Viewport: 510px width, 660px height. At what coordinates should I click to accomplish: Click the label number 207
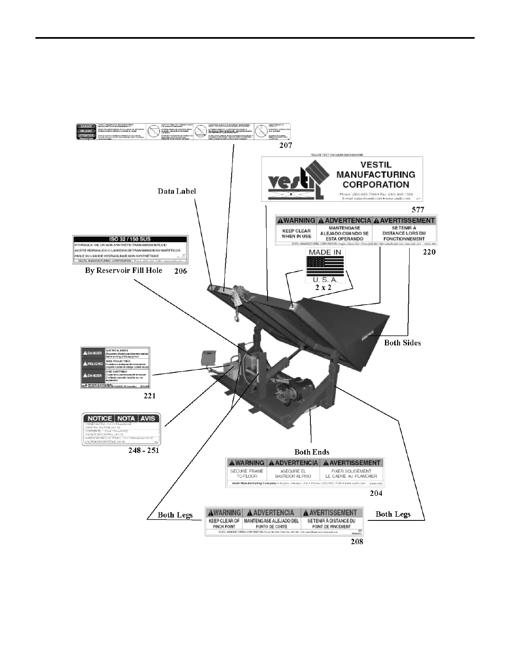coord(285,145)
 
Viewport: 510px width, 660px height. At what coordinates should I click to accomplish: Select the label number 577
coord(418,210)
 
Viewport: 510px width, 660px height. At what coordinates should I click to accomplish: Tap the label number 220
coord(429,252)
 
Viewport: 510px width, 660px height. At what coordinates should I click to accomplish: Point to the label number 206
coord(180,271)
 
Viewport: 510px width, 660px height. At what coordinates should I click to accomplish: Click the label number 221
coord(150,395)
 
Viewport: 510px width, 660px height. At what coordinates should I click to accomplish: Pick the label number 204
coord(376,493)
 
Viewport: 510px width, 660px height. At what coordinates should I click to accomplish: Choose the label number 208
coord(357,541)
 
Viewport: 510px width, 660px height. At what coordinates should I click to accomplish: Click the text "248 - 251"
coord(144,450)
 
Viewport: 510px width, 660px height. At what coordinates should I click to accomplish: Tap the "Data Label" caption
coord(177,191)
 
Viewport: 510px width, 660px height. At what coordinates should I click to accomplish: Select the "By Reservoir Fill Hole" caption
coord(124,270)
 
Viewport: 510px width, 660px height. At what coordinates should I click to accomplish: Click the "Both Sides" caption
coord(402,342)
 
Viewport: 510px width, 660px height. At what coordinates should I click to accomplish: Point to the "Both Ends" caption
coord(312,452)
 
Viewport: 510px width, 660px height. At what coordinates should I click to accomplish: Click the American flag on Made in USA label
coord(325,266)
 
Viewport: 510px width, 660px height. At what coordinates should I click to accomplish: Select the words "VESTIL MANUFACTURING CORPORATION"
coord(376,175)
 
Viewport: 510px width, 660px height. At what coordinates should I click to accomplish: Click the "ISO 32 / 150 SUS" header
coord(130,239)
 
